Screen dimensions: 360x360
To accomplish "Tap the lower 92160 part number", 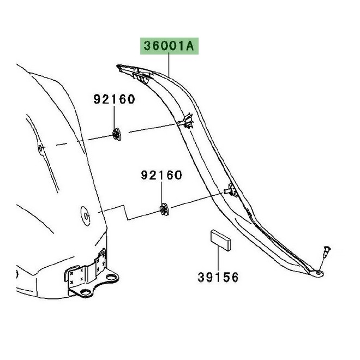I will [x=162, y=176].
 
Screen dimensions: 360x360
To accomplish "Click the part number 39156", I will [x=218, y=278].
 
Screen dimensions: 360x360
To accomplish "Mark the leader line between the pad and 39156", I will [x=219, y=260].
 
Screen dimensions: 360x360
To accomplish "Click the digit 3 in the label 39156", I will [x=201, y=278].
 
